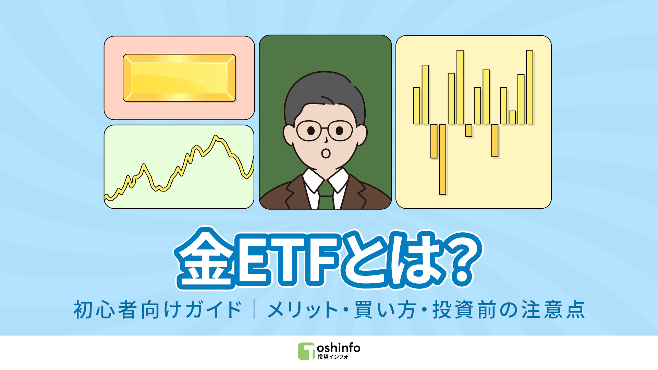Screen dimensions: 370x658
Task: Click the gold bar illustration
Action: pos(179,78)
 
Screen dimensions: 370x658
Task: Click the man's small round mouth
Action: pos(326,153)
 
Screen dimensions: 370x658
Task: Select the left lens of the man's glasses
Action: pos(309,131)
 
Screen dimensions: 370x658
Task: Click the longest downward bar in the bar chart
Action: pos(443,159)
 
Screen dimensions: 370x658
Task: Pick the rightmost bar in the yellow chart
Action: pos(529,87)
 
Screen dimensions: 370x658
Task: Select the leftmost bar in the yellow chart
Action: pos(416,106)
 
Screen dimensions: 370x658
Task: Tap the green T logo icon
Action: pos(306,351)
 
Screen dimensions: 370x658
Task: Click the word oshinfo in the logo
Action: pos(339,348)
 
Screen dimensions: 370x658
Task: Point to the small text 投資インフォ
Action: pos(332,357)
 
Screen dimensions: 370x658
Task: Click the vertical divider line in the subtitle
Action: pos(254,310)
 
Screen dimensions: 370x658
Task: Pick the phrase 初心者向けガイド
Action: pos(158,310)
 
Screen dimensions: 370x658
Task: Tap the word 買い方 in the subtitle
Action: pos(385,310)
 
